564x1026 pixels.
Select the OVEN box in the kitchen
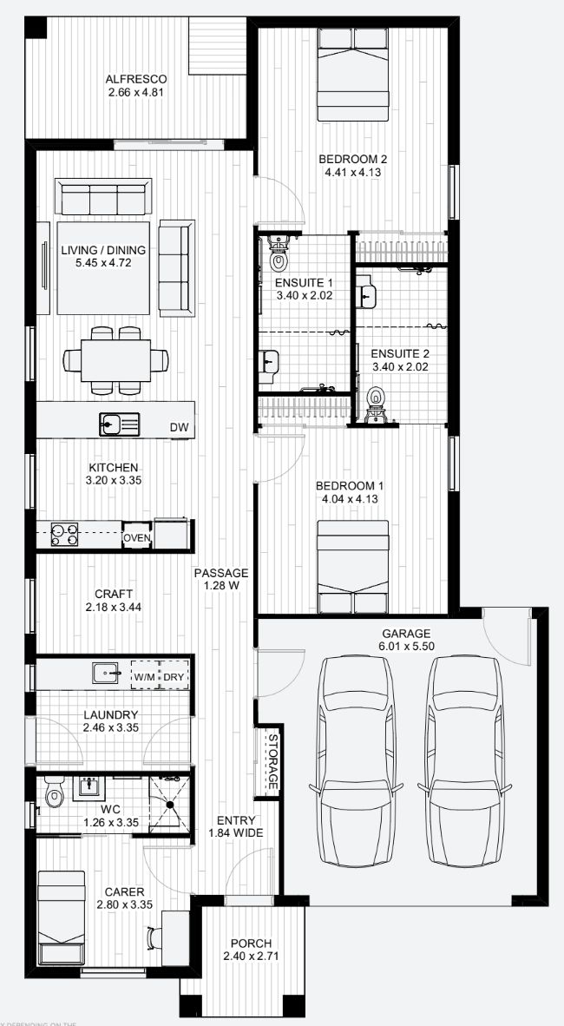pyautogui.click(x=137, y=538)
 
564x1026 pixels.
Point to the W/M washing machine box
pyautogui.click(x=144, y=676)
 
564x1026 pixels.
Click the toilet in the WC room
pyautogui.click(x=56, y=793)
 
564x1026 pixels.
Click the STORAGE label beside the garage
pyautogui.click(x=272, y=761)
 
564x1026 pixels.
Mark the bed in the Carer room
pyautogui.click(x=61, y=918)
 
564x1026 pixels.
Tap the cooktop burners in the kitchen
pyautogui.click(x=64, y=535)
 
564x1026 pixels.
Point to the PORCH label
pyautogui.click(x=251, y=944)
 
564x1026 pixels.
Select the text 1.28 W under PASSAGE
pyautogui.click(x=221, y=587)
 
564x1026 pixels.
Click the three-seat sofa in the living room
pyautogui.click(x=103, y=196)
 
